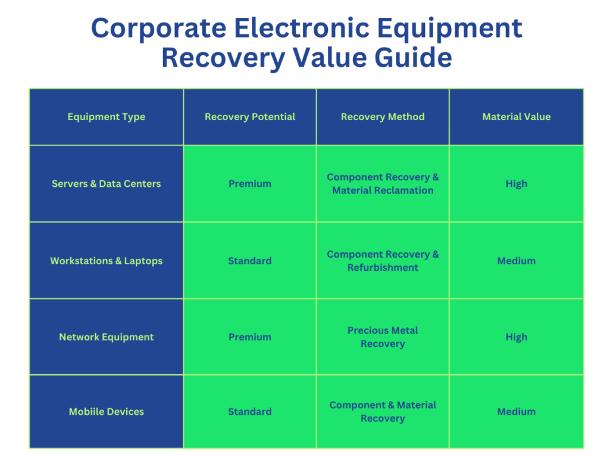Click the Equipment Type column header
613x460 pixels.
[x=107, y=117]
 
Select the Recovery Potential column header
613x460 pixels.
[x=250, y=117]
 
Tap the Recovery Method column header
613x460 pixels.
[x=383, y=117]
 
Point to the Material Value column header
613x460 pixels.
[x=517, y=117]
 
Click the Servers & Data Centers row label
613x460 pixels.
[x=107, y=184]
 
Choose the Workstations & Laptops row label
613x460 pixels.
[x=107, y=261]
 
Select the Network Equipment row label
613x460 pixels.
[x=107, y=337]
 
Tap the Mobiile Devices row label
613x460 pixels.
[x=107, y=412]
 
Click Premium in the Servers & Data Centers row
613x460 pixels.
[x=250, y=184]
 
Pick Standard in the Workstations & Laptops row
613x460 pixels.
[x=250, y=261]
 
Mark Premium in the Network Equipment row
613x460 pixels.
[x=250, y=337]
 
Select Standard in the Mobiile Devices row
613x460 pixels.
[x=250, y=412]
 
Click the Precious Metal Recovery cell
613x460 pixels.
[x=383, y=337]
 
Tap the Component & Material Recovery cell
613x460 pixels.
[x=383, y=412]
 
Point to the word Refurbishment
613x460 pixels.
[x=383, y=267]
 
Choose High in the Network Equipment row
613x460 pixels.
[x=517, y=337]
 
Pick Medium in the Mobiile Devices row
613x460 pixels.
[x=517, y=412]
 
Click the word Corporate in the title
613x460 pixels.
[x=159, y=29]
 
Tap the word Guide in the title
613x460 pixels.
[x=413, y=58]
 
